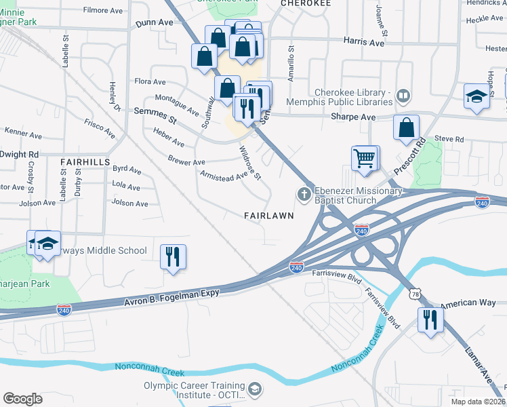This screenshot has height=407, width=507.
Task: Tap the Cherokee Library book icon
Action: tap(404, 95)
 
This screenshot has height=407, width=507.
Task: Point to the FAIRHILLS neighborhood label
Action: tap(85, 162)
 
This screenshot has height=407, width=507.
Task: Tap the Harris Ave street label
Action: tap(364, 43)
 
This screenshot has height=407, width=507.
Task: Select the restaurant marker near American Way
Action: tap(430, 320)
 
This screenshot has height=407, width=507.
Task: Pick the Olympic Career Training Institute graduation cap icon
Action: tap(254, 389)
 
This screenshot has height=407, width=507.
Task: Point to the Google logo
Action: tap(22, 399)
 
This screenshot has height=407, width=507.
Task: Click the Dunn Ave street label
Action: tap(155, 22)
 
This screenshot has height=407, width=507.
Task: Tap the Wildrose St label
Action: tap(249, 163)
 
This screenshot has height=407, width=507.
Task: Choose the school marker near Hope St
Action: tap(476, 96)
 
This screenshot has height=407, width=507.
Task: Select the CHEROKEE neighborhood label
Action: tap(306, 3)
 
